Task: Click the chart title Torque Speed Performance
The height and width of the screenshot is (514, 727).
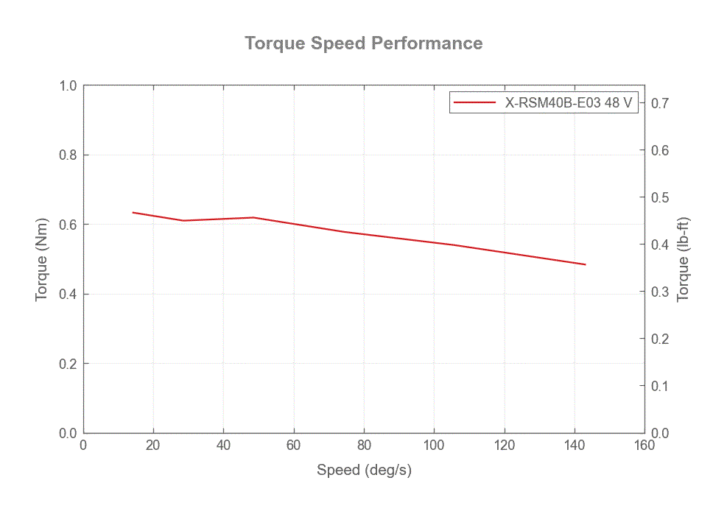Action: point(364,43)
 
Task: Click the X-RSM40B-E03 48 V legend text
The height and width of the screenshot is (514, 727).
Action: point(568,103)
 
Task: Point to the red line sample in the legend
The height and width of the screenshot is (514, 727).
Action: point(474,103)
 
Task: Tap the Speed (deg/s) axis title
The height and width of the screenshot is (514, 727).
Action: point(364,470)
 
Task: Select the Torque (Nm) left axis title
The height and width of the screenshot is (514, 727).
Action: point(42,259)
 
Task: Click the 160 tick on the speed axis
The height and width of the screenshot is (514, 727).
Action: point(645,445)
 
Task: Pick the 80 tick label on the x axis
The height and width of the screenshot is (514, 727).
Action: point(364,445)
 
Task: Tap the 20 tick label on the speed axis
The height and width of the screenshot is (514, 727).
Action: point(153,445)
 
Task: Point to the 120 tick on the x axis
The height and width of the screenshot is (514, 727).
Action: point(504,445)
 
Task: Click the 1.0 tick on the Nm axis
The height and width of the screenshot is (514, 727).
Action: point(69,85)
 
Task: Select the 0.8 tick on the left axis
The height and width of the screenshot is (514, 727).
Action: point(69,155)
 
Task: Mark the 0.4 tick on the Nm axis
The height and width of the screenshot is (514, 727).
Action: point(69,295)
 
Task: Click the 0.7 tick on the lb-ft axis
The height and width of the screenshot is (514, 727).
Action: point(659,103)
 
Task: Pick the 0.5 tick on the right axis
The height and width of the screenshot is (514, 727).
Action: point(659,197)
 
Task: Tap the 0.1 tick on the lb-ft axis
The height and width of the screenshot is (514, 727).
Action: point(659,386)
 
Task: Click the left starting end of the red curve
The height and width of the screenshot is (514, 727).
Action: point(133,212)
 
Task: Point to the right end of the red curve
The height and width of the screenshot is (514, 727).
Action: point(586,264)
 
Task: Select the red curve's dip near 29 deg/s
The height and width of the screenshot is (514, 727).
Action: point(183,220)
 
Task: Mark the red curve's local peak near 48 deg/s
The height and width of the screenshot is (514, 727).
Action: point(253,217)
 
